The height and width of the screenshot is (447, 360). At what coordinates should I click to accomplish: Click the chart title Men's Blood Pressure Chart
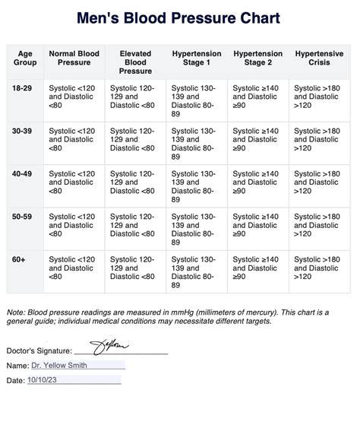pyautogui.click(x=180, y=18)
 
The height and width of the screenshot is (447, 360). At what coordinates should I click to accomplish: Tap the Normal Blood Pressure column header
pyautogui.click(x=74, y=59)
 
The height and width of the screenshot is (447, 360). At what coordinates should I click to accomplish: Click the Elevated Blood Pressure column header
pyautogui.click(x=136, y=62)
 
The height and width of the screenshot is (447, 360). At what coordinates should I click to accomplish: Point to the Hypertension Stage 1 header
pyautogui.click(x=197, y=59)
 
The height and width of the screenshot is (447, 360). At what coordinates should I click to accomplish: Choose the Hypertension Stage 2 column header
pyautogui.click(x=257, y=59)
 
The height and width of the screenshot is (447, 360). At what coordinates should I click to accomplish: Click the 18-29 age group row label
pyautogui.click(x=21, y=89)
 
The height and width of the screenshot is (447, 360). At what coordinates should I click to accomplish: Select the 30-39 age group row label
pyautogui.click(x=21, y=132)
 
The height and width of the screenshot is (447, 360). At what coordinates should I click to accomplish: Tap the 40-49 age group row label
pyautogui.click(x=21, y=174)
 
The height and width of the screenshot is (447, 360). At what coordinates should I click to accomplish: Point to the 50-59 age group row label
pyautogui.click(x=21, y=217)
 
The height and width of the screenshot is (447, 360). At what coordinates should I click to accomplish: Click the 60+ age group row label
pyautogui.click(x=19, y=259)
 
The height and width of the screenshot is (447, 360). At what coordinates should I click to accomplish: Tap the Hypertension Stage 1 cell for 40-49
pyautogui.click(x=196, y=186)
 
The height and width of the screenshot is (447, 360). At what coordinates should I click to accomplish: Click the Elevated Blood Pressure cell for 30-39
pyautogui.click(x=134, y=140)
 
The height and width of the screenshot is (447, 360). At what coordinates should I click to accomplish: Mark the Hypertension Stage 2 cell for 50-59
pyautogui.click(x=257, y=225)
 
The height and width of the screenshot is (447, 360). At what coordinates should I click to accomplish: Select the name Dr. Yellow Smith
pyautogui.click(x=59, y=365)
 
